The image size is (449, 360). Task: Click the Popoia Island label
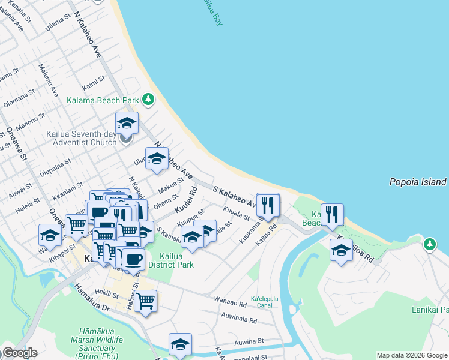click(x=417, y=182)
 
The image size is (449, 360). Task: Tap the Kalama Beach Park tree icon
click(x=147, y=100)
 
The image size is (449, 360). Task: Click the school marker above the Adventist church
click(x=127, y=124)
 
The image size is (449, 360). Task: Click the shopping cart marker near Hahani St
click(x=146, y=301)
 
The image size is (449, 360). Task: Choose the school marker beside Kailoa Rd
click(x=341, y=251)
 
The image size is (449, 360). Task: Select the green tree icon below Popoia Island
click(x=429, y=244)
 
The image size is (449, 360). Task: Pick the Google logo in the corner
click(x=19, y=353)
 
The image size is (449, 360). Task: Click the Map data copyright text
click(x=412, y=355)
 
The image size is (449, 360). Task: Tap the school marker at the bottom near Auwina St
click(x=180, y=344)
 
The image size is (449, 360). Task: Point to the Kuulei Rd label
click(x=186, y=202)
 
